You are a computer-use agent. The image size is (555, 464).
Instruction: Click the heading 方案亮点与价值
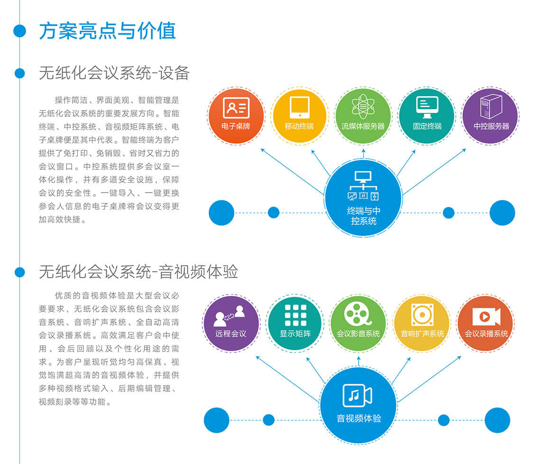(x=107, y=31)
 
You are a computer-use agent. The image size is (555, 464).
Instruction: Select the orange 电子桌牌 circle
(x=236, y=116)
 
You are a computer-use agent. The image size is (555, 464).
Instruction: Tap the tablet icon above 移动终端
(x=299, y=107)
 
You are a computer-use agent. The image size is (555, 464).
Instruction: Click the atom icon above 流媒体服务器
(x=363, y=106)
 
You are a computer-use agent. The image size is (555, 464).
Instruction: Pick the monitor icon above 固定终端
(x=427, y=107)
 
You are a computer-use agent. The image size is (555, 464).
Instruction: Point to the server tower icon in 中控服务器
(x=491, y=106)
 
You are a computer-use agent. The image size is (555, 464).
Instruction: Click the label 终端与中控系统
(x=363, y=216)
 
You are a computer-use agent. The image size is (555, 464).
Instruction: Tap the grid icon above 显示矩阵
(x=296, y=315)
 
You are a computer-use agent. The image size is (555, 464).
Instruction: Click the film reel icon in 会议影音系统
(x=358, y=314)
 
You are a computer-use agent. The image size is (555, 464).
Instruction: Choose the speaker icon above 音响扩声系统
(x=422, y=315)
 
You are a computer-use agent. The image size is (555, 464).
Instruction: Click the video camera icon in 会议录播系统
(x=486, y=316)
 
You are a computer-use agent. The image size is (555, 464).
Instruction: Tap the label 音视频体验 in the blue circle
(x=359, y=418)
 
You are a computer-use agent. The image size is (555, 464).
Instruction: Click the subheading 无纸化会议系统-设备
(x=114, y=73)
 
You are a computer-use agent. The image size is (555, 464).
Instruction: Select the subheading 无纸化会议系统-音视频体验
(x=139, y=272)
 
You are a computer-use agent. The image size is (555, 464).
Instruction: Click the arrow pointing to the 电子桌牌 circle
(x=292, y=172)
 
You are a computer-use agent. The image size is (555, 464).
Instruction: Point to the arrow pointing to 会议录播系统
(x=430, y=379)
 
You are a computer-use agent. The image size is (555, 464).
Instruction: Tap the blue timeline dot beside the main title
(x=20, y=31)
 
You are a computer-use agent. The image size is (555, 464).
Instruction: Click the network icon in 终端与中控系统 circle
(x=363, y=186)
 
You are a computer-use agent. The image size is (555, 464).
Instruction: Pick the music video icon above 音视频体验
(x=358, y=395)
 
